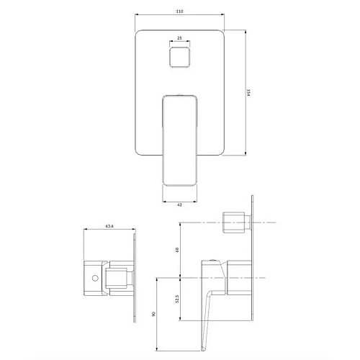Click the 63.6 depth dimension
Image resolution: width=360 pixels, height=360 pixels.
click(109, 225)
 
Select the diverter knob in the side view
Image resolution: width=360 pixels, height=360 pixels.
click(235, 222)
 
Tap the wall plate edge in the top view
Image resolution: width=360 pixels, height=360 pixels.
click(134, 276)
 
